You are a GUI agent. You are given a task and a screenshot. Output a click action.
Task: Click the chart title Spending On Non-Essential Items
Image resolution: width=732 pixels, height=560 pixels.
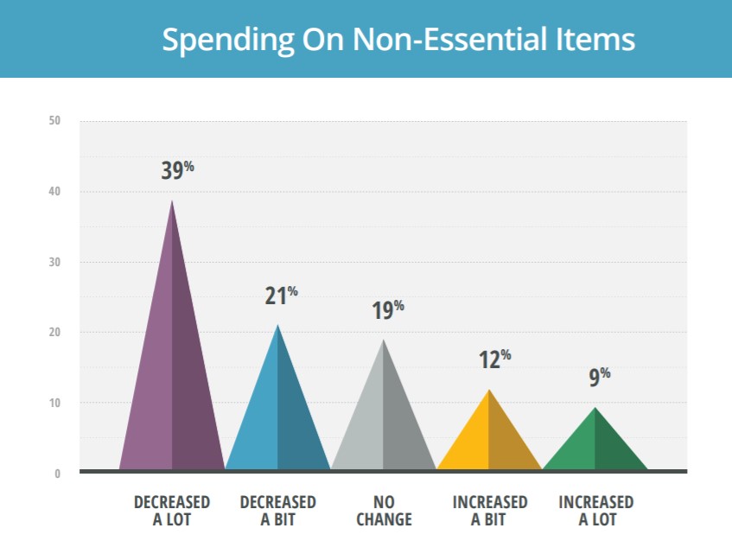398,40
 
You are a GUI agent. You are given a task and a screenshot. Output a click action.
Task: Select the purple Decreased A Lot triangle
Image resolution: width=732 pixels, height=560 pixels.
172,380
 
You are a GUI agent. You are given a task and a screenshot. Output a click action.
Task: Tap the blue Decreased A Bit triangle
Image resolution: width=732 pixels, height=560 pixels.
277,415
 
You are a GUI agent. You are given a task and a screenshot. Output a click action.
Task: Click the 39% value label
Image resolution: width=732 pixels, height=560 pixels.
177,169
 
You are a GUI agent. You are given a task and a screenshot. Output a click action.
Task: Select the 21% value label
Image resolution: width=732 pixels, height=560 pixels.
281,296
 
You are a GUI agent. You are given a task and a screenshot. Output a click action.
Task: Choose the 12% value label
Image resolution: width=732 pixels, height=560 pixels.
494,359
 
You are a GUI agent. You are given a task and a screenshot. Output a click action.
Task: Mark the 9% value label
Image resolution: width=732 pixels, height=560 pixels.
600,377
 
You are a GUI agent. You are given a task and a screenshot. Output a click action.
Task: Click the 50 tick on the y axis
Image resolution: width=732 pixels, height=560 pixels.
54,121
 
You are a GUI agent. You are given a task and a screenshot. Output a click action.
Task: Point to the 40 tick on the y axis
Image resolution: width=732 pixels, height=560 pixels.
54,192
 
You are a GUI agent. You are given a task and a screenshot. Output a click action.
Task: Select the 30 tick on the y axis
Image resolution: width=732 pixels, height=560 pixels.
54,262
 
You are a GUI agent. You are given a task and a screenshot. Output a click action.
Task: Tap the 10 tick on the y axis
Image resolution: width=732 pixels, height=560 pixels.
54,403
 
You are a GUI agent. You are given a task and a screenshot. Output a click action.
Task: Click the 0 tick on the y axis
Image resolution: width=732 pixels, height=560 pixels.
58,474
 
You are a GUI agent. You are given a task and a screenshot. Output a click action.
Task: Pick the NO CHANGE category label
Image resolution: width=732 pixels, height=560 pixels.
383,511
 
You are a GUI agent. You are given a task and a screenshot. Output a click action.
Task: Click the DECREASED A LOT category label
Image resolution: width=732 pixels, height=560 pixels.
172,511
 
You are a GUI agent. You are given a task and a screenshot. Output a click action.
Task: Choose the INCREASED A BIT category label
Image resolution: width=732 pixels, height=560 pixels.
489,511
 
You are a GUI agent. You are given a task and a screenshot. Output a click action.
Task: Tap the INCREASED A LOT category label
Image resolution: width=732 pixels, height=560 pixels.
595,511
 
